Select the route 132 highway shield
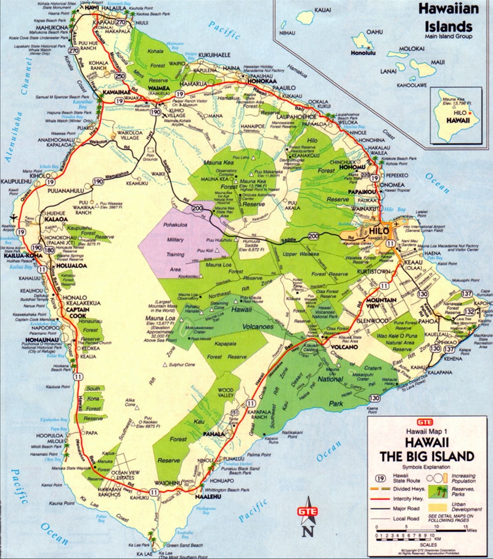pyautogui.click(x=468, y=312)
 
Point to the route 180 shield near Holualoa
pyautogui.click(x=49, y=249)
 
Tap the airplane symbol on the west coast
pyautogui.click(x=14, y=215)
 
